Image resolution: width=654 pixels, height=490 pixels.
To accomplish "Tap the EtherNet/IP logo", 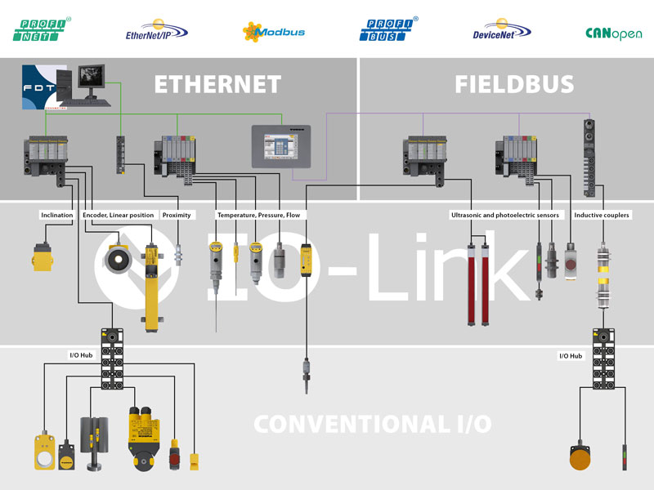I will tap(155, 30).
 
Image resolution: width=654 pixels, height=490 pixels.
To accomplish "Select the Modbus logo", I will tap(273, 32).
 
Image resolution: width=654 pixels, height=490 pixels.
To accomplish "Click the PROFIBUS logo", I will tap(388, 29).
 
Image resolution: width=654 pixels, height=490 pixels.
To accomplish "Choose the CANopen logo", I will tap(613, 33).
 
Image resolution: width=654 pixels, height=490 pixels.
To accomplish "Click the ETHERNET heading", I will tap(217, 84).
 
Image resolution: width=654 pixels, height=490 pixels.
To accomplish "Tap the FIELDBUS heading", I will tap(514, 84).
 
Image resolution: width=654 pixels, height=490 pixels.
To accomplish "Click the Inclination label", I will tap(56, 216).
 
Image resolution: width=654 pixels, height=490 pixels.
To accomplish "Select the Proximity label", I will tap(177, 216).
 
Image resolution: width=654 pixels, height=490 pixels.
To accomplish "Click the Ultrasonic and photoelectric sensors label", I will tap(504, 216).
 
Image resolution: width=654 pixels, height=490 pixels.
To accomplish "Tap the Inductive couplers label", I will tap(602, 216).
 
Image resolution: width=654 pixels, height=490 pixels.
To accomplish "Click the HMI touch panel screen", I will tap(281, 148).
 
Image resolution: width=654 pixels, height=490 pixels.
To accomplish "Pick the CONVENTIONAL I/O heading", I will tap(372, 424).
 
